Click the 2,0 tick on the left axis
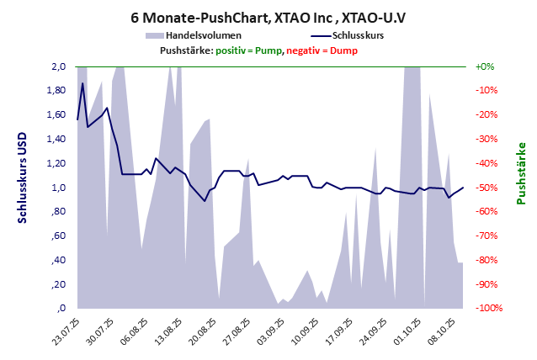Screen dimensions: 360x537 point(58,66)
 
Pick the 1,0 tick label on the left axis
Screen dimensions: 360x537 point(58,188)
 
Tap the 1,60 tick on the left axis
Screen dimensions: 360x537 point(56,114)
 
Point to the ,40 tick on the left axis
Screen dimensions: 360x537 point(58,261)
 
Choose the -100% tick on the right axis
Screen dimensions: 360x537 point(487,309)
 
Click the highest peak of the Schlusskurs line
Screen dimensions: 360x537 point(82,83)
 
